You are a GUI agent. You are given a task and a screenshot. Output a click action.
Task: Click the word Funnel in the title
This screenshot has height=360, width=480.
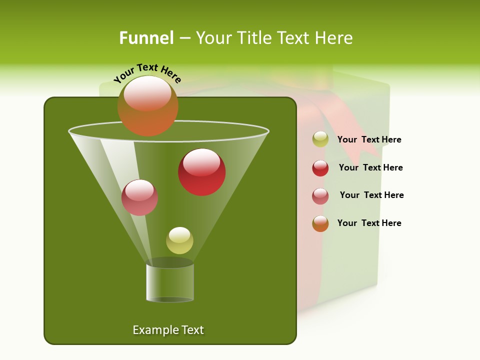[146, 37]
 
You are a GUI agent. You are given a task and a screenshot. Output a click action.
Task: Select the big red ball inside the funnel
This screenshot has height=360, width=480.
[201, 172]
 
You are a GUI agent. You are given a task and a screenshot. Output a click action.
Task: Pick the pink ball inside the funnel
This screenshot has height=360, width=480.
[139, 197]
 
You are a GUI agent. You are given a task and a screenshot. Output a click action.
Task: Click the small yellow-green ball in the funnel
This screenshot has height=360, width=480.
[179, 240]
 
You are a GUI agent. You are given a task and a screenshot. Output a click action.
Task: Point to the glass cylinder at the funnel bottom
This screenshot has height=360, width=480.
[170, 282]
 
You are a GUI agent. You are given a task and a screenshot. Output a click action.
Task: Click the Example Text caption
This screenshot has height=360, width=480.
[168, 330]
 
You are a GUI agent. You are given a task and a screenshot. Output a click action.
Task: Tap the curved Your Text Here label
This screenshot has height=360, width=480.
[147, 73]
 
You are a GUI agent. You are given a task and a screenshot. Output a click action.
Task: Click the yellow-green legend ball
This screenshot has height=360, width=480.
[320, 139]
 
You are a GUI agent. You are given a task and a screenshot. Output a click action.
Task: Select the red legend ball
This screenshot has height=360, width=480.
[320, 168]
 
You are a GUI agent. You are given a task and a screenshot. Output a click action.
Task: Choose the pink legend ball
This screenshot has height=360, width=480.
[320, 196]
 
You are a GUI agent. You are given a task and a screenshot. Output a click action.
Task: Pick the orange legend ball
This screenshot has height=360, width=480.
[320, 223]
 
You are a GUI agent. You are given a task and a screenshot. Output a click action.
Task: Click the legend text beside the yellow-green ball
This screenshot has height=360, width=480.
[369, 140]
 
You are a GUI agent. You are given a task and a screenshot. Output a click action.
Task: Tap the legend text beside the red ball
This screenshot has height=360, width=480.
[370, 168]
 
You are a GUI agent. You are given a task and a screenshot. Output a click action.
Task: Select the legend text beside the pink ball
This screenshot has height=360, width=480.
[371, 195]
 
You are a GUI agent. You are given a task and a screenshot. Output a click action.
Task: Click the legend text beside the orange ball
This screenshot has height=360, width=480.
[369, 223]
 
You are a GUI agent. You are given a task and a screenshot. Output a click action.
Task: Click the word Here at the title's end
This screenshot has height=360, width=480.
[334, 37]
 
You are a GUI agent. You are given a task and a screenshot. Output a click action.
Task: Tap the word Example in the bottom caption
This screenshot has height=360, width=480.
[152, 330]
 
